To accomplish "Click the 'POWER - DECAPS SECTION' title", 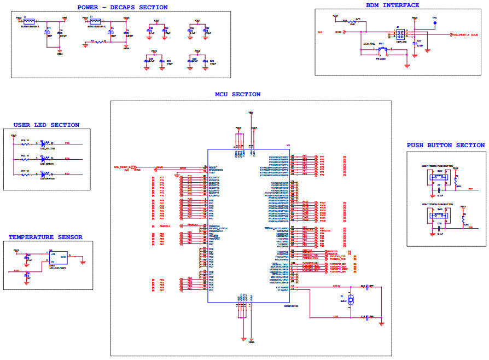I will coord(123,7).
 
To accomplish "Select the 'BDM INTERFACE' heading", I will coord(392,5).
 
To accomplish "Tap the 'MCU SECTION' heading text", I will coord(237,94).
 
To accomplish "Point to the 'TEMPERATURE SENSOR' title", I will coord(45,237).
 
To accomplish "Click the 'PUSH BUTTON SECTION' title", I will coord(445,145).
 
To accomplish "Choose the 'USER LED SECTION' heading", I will coord(46,125).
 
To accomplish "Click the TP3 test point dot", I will coord(435,24).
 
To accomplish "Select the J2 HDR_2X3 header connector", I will coord(401,33).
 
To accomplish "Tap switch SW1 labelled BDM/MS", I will coord(382,50).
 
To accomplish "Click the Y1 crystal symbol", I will coord(351,299).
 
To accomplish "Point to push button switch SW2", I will coord(439,175).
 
